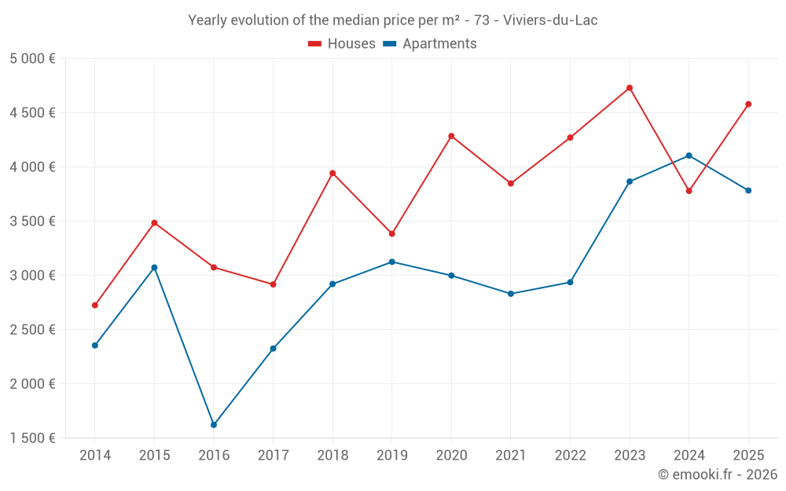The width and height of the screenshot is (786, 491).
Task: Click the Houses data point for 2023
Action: pos(630,88)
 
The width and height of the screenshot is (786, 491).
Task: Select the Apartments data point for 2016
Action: pos(214,425)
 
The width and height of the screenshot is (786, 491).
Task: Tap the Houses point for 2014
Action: pos(95,306)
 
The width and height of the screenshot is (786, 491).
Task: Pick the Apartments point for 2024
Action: pos(689,156)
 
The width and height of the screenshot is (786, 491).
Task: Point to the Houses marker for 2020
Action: pos(451,136)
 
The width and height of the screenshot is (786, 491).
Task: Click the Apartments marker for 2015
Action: pos(154,268)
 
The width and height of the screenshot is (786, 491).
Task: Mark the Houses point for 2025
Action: pos(748,104)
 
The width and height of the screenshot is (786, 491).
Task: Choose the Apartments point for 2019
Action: pos(392,262)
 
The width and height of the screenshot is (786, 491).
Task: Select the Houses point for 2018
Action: pos(332,174)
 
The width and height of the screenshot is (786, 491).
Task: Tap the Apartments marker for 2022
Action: pos(570,282)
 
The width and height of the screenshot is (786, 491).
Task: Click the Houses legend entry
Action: pos(342,44)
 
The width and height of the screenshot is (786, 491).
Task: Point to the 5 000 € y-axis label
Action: pos(33,59)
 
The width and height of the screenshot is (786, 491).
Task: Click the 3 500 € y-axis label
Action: pos(33,222)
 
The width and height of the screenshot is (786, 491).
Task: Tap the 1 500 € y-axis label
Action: pos(33,438)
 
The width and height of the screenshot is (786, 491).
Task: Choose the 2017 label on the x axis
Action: pos(273,456)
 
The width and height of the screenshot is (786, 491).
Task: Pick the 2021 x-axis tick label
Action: pos(511,456)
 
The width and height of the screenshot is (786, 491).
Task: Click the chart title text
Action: pos(393,20)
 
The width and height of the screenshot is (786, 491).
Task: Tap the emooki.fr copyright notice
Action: pos(717,475)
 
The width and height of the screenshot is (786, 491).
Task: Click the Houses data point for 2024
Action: pos(689,191)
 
